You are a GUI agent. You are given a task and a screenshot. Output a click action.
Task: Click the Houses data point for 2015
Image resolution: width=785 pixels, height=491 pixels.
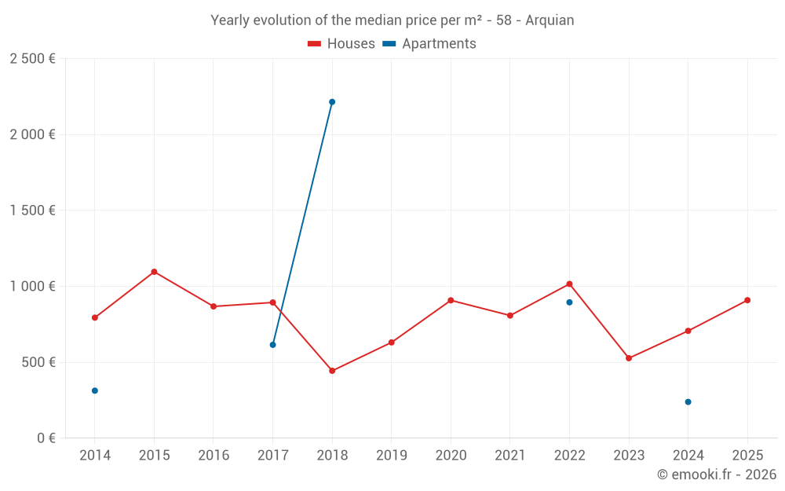coord(154,272)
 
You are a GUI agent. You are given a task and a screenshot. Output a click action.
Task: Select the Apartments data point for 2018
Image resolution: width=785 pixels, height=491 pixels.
coord(332,102)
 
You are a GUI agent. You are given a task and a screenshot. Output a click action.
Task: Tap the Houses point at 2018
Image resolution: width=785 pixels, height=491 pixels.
coord(332,371)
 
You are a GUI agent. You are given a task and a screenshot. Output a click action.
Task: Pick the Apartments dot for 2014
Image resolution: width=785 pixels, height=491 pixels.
coord(95,390)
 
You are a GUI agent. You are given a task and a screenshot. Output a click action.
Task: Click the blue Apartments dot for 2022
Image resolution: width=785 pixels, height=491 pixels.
coord(569,302)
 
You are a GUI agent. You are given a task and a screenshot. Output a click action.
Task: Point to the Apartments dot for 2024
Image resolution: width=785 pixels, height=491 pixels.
coord(688,402)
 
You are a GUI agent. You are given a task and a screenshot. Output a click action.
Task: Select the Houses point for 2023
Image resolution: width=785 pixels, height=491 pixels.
coord(629,358)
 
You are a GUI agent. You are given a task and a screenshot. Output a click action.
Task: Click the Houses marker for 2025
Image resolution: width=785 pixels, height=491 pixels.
coord(747,300)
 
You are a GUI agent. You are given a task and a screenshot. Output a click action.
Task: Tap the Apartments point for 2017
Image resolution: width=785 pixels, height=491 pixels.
coord(272,345)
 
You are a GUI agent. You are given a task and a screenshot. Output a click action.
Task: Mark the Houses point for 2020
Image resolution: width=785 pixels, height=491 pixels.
coord(451,300)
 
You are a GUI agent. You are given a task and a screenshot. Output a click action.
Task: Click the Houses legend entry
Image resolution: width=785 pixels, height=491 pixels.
coord(341,44)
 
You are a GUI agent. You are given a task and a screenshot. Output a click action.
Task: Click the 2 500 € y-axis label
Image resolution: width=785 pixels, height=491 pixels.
coord(32,59)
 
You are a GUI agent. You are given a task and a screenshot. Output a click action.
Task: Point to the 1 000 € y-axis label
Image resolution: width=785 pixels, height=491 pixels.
coord(32,287)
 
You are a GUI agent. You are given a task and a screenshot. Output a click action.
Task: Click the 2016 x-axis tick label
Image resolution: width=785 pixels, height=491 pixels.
coord(214,456)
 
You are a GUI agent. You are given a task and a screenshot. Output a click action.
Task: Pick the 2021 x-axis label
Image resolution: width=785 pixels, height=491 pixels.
coord(509,456)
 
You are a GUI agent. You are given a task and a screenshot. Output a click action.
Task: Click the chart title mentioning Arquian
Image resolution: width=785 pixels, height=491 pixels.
coord(392,20)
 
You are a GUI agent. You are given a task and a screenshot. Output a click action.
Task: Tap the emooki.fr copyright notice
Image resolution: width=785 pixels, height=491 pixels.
coord(716,475)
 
